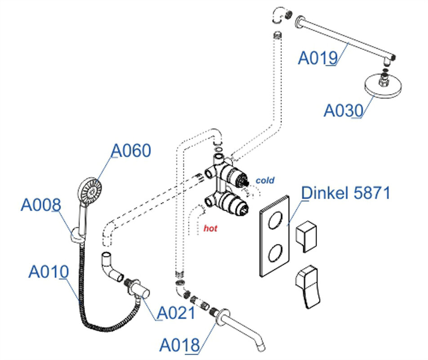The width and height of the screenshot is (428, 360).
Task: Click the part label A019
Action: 317,58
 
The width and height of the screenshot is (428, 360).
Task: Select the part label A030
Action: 343,110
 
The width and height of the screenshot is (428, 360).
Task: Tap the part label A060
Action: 131,151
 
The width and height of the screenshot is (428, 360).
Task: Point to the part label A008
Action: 40,205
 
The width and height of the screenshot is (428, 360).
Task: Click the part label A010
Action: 48,272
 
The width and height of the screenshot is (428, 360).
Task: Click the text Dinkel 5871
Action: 346,193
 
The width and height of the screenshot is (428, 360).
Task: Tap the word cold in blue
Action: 265,180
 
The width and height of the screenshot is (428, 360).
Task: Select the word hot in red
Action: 210,229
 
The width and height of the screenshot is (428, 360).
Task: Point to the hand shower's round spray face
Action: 91,190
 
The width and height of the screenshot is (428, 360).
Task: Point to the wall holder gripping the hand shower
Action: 77,235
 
